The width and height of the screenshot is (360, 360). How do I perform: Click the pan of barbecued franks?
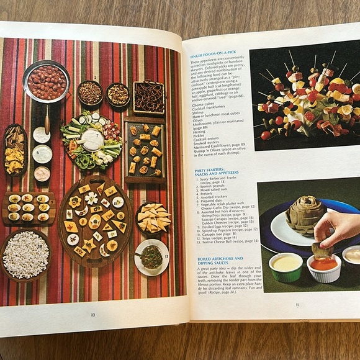click(47, 81)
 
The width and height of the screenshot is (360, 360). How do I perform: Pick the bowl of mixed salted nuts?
click(118, 95)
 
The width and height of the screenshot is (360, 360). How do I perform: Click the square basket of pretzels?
click(149, 98)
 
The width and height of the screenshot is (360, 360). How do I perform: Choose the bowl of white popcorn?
click(25, 254)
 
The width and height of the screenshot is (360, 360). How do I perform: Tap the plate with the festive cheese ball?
click(151, 257)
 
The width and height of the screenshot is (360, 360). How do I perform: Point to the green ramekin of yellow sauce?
click(286, 265)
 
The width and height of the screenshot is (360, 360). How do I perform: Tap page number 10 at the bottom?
click(92, 315)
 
